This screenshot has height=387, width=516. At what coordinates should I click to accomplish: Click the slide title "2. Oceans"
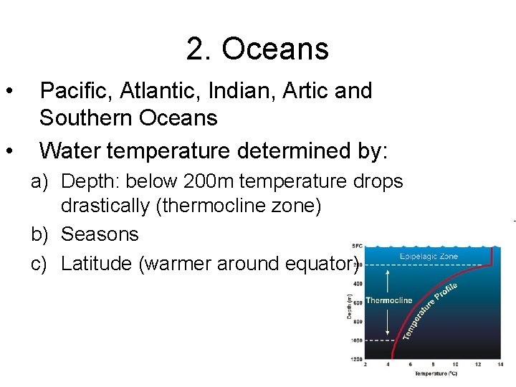[x=257, y=49]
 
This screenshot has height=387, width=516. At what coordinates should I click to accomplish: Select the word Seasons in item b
[x=100, y=234]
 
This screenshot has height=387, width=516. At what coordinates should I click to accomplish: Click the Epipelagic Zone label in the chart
[x=429, y=256]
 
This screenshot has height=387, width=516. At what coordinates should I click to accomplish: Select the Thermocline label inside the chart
[x=389, y=301]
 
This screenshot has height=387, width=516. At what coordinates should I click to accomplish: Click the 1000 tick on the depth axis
[x=356, y=340]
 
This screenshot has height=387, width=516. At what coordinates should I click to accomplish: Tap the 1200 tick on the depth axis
[x=356, y=358]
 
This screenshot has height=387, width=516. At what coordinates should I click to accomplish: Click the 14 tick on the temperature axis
[x=500, y=365]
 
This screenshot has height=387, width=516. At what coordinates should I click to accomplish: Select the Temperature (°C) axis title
[x=436, y=373]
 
